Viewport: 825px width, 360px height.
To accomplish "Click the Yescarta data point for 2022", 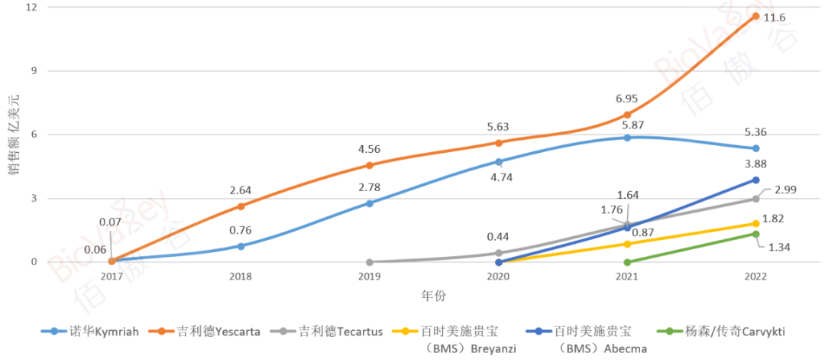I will tap(755, 16).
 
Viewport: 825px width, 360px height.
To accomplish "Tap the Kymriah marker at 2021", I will tap(627, 138).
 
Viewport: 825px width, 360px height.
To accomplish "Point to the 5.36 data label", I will tap(755, 130).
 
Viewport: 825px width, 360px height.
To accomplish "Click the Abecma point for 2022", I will tap(755, 180).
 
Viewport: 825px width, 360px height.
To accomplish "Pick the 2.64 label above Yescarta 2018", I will tap(241, 190).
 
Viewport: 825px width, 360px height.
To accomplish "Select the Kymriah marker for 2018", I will tap(241, 246).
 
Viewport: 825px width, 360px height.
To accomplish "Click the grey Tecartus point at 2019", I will tap(370, 262).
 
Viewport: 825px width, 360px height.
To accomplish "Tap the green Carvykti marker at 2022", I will tap(755, 234).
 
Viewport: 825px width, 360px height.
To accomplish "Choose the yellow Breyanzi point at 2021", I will tap(627, 244).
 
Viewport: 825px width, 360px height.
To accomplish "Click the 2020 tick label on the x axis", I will tap(498, 276).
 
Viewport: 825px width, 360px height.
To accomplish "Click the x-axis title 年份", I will tap(433, 295).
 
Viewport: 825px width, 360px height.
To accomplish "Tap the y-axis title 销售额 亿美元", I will tap(13, 136).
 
